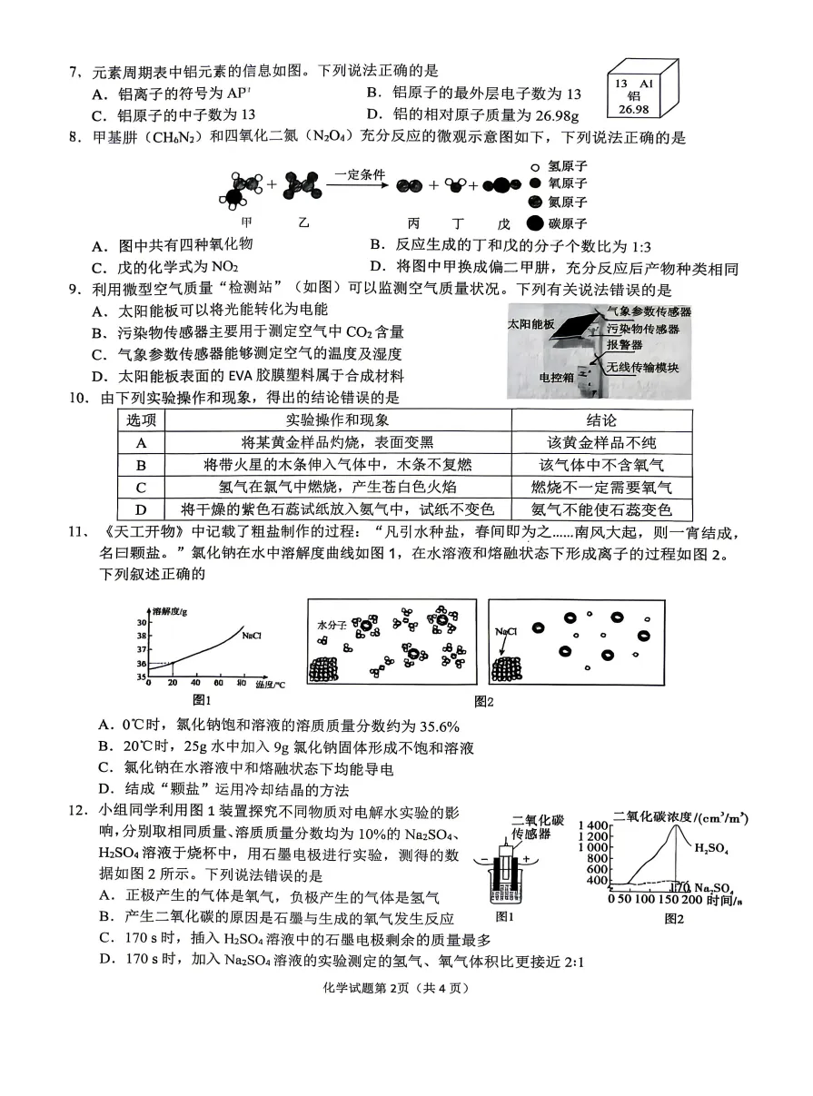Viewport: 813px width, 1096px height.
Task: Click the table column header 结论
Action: click(x=601, y=420)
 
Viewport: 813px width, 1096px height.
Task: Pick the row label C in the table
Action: click(x=141, y=488)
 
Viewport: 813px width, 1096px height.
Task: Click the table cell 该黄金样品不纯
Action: click(x=601, y=443)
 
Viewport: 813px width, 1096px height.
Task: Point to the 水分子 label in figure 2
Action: click(x=332, y=626)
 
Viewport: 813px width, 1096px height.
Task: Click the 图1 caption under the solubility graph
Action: click(x=202, y=699)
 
